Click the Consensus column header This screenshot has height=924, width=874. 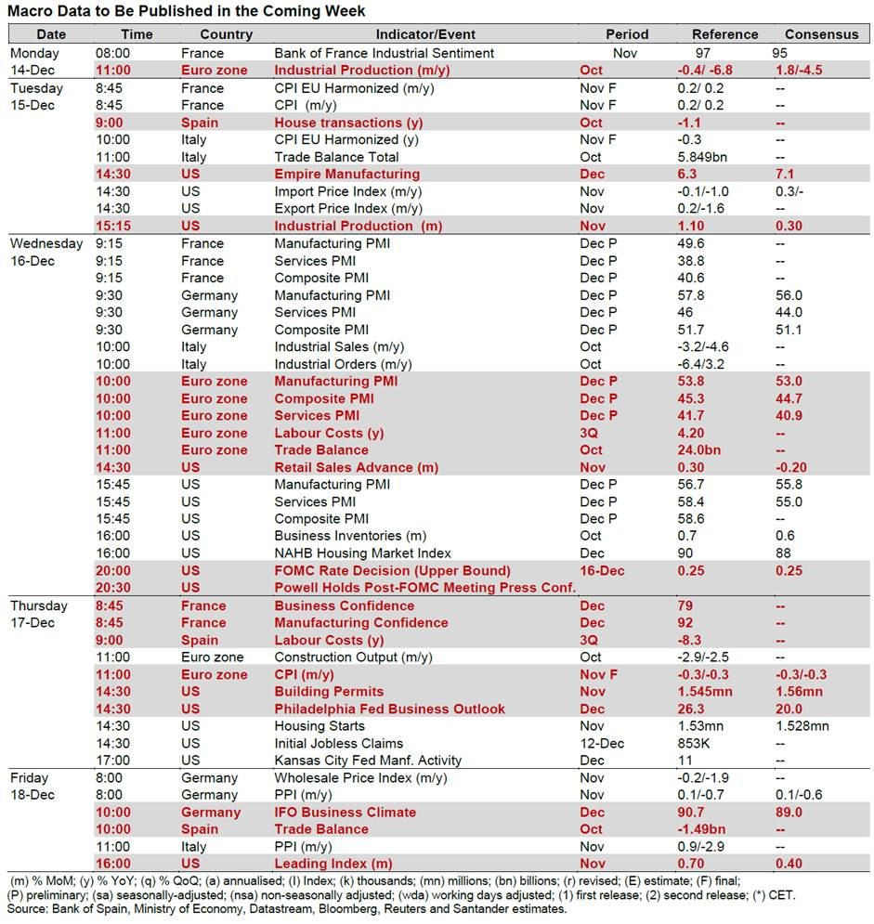point(821,34)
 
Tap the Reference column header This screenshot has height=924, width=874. point(724,34)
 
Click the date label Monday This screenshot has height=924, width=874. point(35,53)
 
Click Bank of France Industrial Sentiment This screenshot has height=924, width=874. point(384,53)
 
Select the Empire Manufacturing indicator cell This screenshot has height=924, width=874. point(346,174)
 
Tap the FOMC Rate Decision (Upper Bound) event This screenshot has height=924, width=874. point(392,570)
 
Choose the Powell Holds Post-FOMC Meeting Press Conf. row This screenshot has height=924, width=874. point(425,587)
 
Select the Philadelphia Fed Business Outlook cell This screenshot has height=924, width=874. point(389,709)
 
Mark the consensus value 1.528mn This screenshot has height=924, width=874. point(803,726)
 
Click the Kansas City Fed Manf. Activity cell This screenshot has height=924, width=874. point(368,761)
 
